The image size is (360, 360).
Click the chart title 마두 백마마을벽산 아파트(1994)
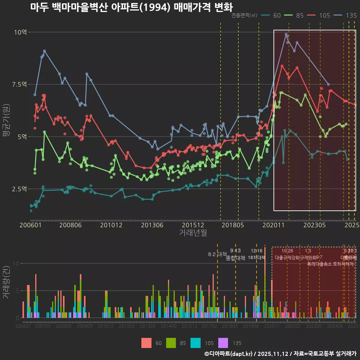131,7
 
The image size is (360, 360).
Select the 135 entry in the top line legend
351,15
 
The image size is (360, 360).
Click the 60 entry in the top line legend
277,15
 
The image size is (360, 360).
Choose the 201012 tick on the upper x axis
111,225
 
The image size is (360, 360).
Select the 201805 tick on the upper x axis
232,225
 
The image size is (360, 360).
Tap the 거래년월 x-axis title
193,233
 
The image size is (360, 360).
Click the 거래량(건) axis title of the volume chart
6,283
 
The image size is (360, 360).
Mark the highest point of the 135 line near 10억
286,34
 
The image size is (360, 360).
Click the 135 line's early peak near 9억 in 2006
44,51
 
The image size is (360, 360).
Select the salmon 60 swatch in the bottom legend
147,343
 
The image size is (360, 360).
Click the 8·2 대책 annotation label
217,254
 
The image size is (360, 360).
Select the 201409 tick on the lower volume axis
169,327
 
